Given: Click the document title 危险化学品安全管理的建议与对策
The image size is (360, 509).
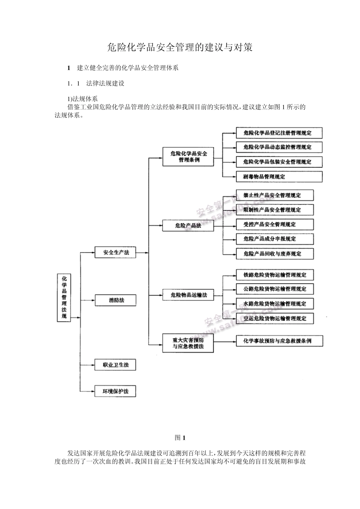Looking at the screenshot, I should click(x=180, y=48).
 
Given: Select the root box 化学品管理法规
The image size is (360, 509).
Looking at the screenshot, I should click(x=64, y=298).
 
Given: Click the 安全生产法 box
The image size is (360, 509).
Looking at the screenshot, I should click(x=115, y=252).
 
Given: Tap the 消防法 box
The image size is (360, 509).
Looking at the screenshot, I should click(x=115, y=300).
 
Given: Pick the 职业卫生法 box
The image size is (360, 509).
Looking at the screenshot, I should click(x=115, y=365).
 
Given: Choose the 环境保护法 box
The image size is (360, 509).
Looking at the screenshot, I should click(x=115, y=391).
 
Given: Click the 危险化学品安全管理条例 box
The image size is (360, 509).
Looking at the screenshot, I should click(x=188, y=157).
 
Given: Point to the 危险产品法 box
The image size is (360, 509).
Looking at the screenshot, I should click(x=188, y=226).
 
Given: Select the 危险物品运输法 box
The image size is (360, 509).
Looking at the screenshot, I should click(x=188, y=295).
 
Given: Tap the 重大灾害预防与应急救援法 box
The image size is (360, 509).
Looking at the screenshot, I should click(x=188, y=343).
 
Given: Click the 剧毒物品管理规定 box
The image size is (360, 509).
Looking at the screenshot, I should click(x=279, y=176).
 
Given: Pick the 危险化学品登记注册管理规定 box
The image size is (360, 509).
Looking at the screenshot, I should click(x=279, y=133).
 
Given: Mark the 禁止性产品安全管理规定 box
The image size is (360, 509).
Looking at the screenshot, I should click(x=275, y=195).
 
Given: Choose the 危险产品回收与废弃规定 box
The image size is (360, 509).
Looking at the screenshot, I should click(x=275, y=254).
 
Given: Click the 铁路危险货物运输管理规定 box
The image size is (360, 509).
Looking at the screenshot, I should click(x=275, y=275).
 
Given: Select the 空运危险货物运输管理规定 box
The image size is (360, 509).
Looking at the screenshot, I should click(x=275, y=319).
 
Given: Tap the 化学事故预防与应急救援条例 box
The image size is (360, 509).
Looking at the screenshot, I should click(x=279, y=341).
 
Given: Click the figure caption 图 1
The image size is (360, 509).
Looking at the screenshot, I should click(x=180, y=438).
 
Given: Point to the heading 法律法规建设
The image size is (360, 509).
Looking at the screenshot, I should click(x=105, y=83).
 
